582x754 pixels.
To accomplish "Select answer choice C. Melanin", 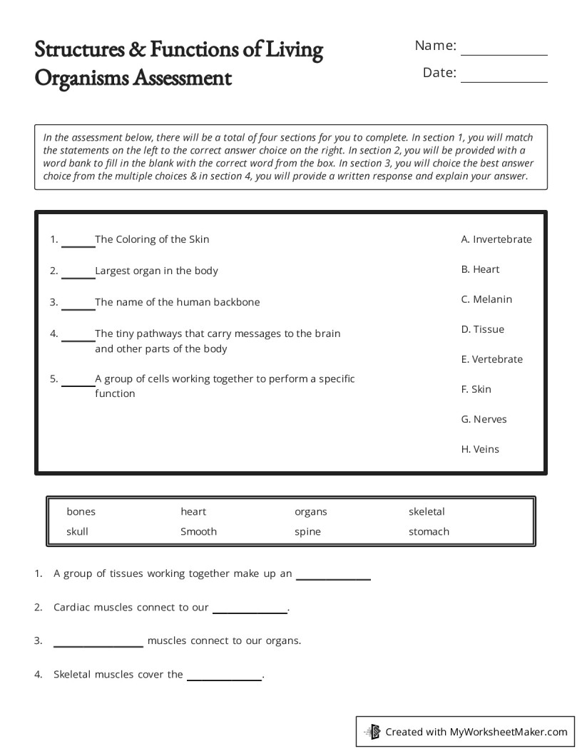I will click(486, 299).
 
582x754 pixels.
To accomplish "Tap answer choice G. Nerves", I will click(484, 419).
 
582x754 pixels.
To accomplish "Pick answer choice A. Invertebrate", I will click(496, 239).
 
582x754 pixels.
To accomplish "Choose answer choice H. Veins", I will click(480, 449).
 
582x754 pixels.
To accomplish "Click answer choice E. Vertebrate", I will click(491, 359).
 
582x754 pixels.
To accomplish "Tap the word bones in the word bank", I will click(81, 511).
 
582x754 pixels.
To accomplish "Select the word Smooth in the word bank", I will click(198, 531).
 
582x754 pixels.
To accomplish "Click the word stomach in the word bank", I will click(429, 531).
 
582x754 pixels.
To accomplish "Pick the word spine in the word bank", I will click(307, 531).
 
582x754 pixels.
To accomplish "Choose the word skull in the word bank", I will click(77, 531).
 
